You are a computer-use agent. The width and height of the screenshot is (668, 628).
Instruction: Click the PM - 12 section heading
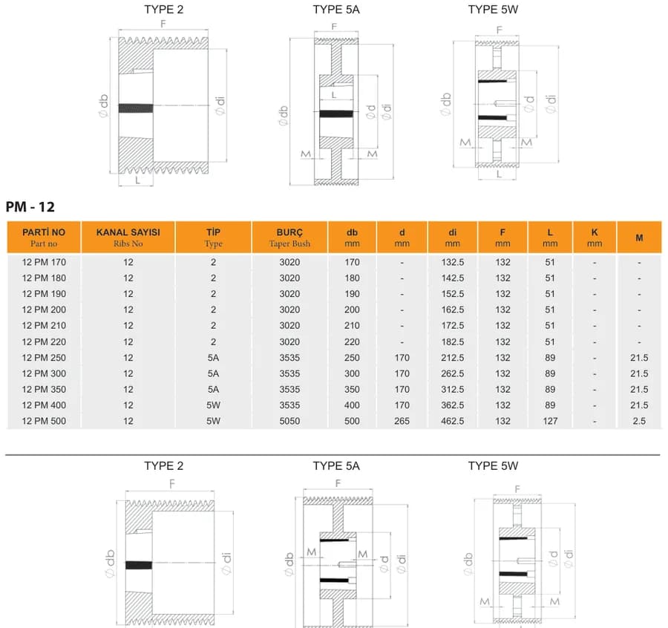point(30,207)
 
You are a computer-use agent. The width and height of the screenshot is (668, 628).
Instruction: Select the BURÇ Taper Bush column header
point(289,238)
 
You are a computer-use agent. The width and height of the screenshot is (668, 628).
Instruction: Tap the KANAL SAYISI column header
point(128,238)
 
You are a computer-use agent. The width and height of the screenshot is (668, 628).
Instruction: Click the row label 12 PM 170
point(44,263)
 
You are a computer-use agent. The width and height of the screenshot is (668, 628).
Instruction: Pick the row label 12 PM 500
point(44,421)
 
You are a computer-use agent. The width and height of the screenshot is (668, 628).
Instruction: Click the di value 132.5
point(453,263)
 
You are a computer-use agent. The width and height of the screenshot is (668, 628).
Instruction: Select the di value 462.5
point(453,421)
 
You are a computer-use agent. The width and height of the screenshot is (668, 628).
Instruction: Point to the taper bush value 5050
point(289,421)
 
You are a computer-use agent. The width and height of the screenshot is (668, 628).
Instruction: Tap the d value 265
point(402,421)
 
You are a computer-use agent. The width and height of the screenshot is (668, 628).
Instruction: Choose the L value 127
point(550,421)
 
